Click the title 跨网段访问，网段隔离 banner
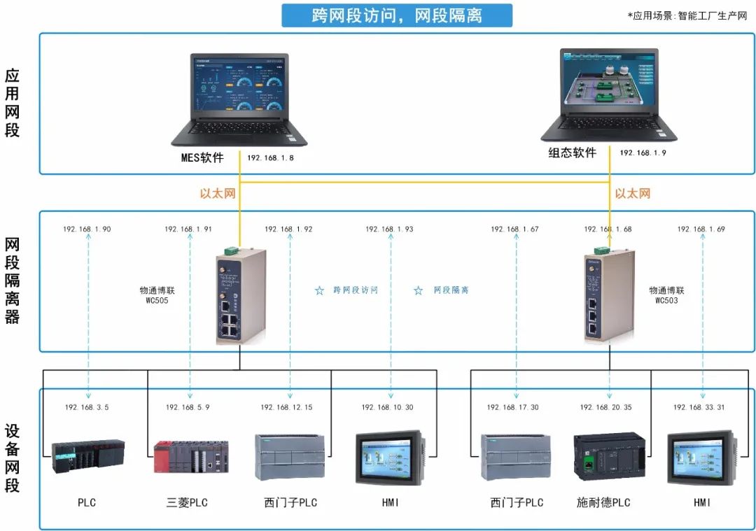(396, 15)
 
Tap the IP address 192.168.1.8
(270, 158)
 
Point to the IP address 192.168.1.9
(643, 153)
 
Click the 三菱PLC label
(187, 502)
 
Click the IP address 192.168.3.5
(87, 407)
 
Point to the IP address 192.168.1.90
(87, 229)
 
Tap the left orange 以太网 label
(218, 193)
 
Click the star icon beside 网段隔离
(418, 290)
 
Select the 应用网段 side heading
(12, 103)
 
